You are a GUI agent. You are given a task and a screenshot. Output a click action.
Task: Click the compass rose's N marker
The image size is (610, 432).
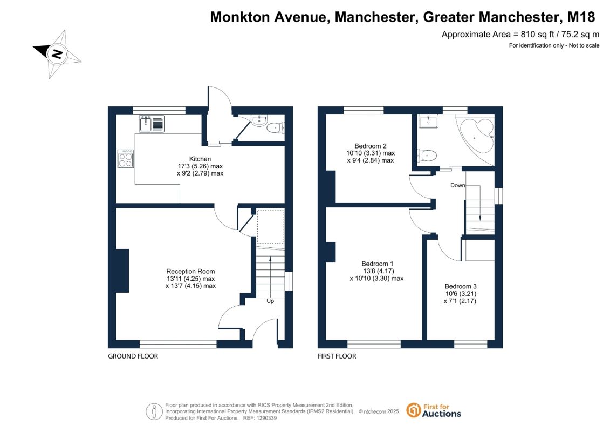[57, 53]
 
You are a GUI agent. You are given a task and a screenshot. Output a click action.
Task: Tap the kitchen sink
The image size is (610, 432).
[152, 124]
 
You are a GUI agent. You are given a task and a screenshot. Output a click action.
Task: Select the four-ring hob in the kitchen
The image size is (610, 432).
[126, 159]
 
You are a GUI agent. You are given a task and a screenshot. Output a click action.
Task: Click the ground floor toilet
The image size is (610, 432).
[276, 127]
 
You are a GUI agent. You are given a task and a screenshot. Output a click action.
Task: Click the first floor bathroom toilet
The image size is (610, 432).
[427, 156]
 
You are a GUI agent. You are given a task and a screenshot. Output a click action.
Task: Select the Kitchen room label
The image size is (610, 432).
[200, 159]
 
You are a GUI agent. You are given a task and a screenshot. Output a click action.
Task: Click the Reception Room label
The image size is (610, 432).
[190, 272]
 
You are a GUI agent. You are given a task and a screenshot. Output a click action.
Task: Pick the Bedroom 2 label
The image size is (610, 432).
[371, 146]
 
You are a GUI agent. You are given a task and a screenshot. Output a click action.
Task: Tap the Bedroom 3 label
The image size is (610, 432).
[461, 286]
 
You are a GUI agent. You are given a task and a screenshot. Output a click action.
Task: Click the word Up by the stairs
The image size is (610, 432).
[270, 301]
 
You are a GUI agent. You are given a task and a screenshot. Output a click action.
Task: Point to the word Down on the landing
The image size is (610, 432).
[457, 185]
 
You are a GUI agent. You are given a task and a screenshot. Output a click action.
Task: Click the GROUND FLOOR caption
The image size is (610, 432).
[133, 356]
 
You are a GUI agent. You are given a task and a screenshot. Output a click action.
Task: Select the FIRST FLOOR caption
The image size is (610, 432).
[337, 356]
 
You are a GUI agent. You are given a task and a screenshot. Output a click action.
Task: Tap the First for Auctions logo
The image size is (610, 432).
[434, 410]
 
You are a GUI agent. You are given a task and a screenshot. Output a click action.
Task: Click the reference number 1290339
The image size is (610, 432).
[266, 418]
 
